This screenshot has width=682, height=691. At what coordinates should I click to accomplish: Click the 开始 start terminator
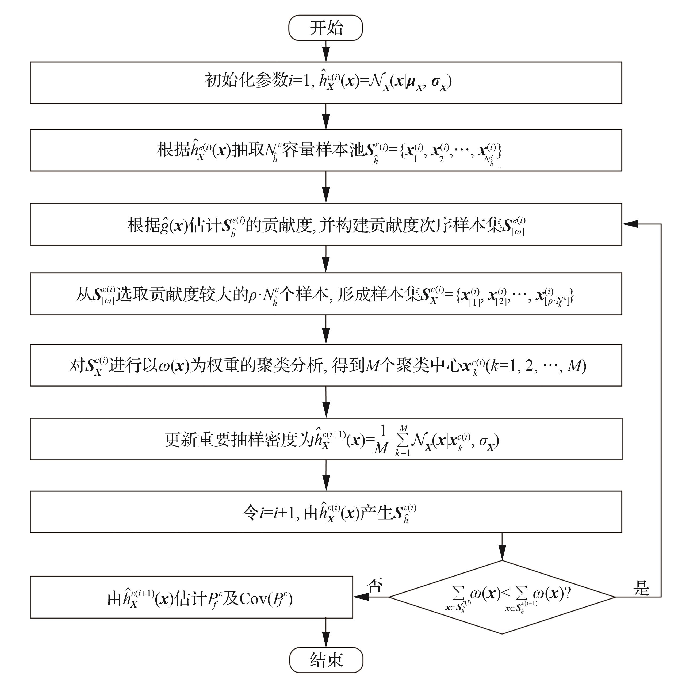[x=325, y=28]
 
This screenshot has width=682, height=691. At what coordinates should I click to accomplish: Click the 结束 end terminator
[x=326, y=660]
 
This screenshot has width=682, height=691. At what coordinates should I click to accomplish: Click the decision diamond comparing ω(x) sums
[x=502, y=597]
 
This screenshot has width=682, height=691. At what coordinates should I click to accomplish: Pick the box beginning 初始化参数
[x=326, y=83]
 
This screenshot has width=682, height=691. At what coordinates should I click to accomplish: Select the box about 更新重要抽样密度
[x=326, y=439]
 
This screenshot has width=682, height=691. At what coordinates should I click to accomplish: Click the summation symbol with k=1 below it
[x=403, y=440]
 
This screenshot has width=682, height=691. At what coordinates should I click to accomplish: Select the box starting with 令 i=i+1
[x=326, y=512]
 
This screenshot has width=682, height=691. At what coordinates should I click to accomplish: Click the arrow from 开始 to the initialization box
[x=326, y=51]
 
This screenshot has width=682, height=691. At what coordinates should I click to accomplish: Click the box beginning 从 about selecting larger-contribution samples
[x=326, y=294]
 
